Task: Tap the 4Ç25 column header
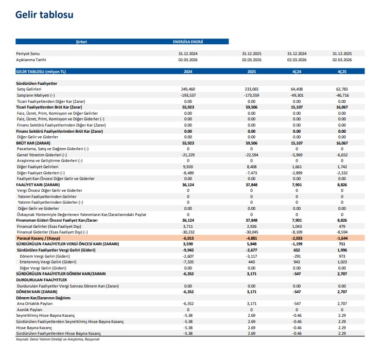tap(342, 71)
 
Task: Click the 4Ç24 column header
tap(297, 71)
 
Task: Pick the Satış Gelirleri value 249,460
tap(188, 89)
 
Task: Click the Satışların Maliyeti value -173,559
tap(251, 95)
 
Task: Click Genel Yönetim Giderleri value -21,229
tap(188, 155)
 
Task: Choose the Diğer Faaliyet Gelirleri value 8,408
tap(251, 167)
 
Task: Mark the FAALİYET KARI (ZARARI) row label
tap(38, 185)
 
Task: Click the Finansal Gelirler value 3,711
tap(188, 226)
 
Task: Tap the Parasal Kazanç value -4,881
tap(251, 238)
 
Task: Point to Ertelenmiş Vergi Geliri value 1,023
tap(342, 262)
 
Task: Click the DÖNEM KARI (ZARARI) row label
tap(36, 291)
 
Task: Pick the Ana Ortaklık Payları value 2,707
tap(342, 303)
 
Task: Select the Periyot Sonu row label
tap(28, 53)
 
